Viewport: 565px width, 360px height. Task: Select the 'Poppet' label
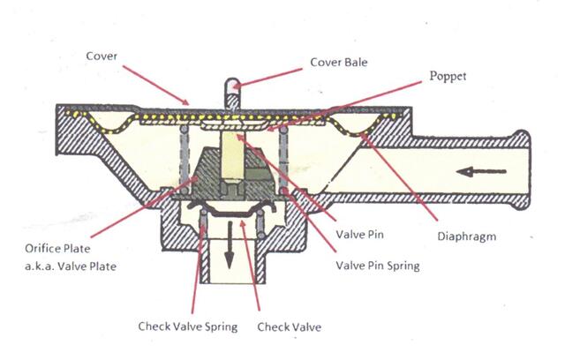tap(449, 77)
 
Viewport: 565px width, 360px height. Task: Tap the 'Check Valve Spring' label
tap(187, 326)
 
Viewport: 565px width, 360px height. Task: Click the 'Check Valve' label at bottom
tap(289, 326)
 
